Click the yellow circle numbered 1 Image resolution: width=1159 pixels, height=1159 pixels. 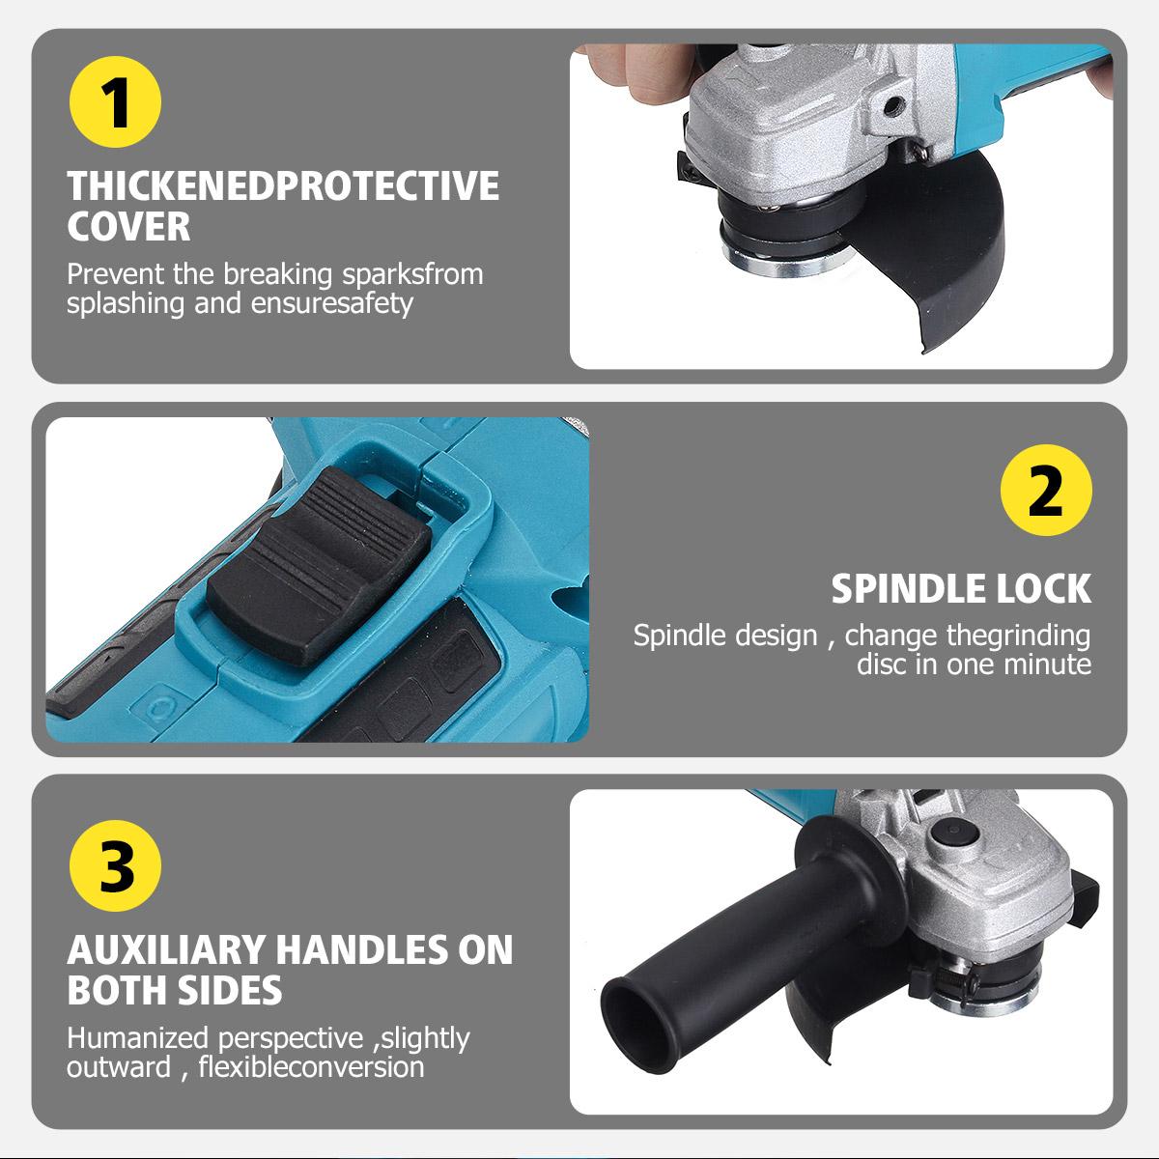[115, 101]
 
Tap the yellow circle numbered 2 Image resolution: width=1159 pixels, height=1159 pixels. [1046, 490]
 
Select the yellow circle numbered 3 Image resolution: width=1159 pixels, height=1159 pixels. [115, 865]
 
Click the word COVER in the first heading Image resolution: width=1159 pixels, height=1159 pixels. [128, 227]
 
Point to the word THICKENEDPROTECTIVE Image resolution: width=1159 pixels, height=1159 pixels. [283, 185]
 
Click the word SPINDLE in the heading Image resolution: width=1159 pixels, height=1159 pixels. [908, 588]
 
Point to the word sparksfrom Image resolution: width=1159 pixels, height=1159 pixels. [412, 274]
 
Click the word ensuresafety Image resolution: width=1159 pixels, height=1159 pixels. [332, 303]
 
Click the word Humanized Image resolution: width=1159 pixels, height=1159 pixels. [138, 1038]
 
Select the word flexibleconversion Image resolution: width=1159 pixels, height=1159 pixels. [312, 1067]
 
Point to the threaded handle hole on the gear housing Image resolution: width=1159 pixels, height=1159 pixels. [893, 106]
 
